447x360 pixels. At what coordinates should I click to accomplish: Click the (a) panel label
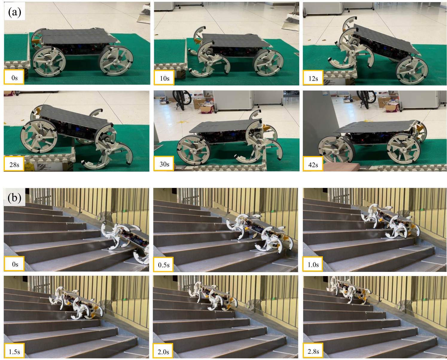tap(15, 12)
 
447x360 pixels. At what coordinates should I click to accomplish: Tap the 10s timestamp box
tap(164, 78)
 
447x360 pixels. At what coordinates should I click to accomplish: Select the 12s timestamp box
tap(313, 78)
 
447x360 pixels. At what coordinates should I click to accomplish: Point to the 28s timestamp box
tap(14, 164)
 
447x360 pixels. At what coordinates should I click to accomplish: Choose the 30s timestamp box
tap(164, 164)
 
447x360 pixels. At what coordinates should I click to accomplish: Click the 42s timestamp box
tap(313, 164)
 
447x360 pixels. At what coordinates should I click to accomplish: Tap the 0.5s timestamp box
tap(164, 264)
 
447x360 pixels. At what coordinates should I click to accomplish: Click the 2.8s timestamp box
tap(313, 351)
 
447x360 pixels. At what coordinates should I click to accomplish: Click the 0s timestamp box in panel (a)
tap(14, 77)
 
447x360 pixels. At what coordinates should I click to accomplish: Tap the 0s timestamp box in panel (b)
tap(14, 264)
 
